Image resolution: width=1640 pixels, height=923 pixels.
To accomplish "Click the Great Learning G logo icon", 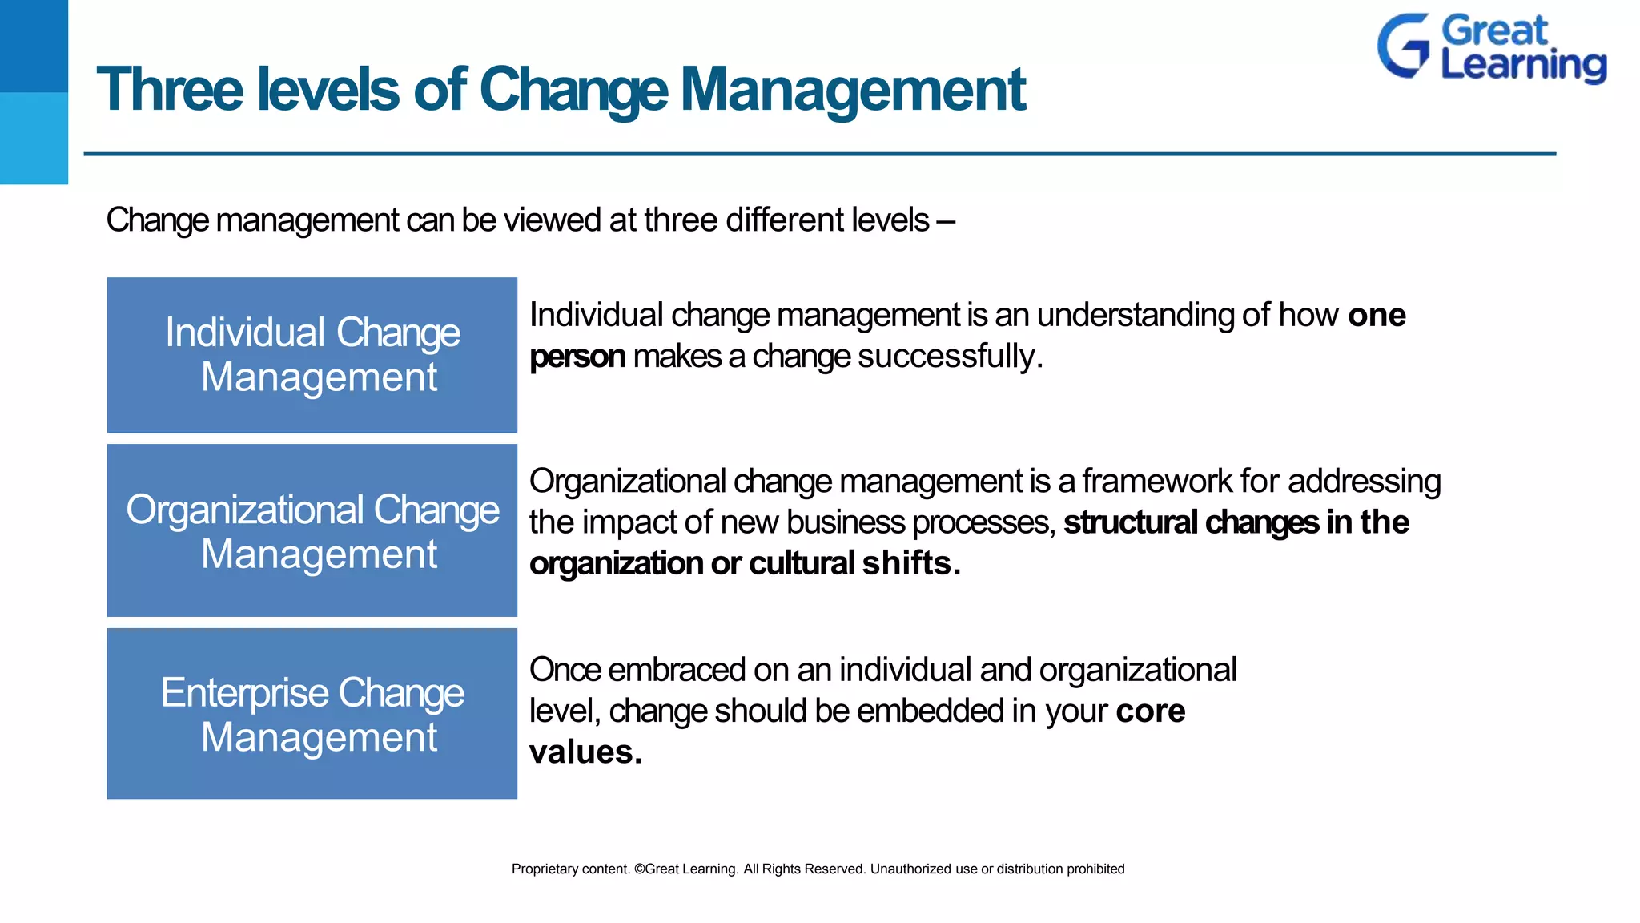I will [1403, 46].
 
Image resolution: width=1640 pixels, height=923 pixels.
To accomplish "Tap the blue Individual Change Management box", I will [312, 355].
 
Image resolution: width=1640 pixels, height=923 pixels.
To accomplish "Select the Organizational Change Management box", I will [312, 530].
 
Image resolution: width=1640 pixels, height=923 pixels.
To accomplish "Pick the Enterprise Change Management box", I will [312, 713].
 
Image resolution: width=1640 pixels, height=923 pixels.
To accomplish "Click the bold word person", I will [577, 357].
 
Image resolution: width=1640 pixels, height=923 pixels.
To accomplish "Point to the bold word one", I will [1377, 315].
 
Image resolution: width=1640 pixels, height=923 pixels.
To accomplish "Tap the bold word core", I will [1150, 711].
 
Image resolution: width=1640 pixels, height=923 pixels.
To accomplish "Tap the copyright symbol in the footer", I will [639, 869].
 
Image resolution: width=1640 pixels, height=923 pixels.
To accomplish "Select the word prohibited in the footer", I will [1095, 869].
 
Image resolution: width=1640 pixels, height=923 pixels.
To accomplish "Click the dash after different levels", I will [946, 220].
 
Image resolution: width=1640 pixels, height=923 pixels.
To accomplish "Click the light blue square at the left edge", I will [34, 138].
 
